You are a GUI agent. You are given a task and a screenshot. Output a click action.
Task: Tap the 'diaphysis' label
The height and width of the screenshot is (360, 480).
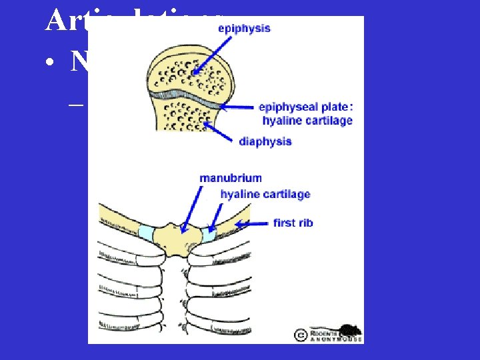click(x=265, y=141)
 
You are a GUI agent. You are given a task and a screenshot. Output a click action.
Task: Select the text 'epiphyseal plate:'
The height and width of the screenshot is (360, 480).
click(x=305, y=107)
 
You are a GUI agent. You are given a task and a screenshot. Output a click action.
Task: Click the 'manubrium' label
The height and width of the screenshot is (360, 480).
click(x=230, y=178)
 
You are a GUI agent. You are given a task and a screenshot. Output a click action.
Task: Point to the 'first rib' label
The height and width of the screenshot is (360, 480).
click(x=293, y=223)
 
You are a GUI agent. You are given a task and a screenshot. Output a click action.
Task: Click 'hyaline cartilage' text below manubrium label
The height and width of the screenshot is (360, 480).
click(x=265, y=195)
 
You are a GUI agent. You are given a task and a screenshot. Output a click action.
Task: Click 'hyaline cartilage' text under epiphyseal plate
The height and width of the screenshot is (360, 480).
click(x=307, y=121)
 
